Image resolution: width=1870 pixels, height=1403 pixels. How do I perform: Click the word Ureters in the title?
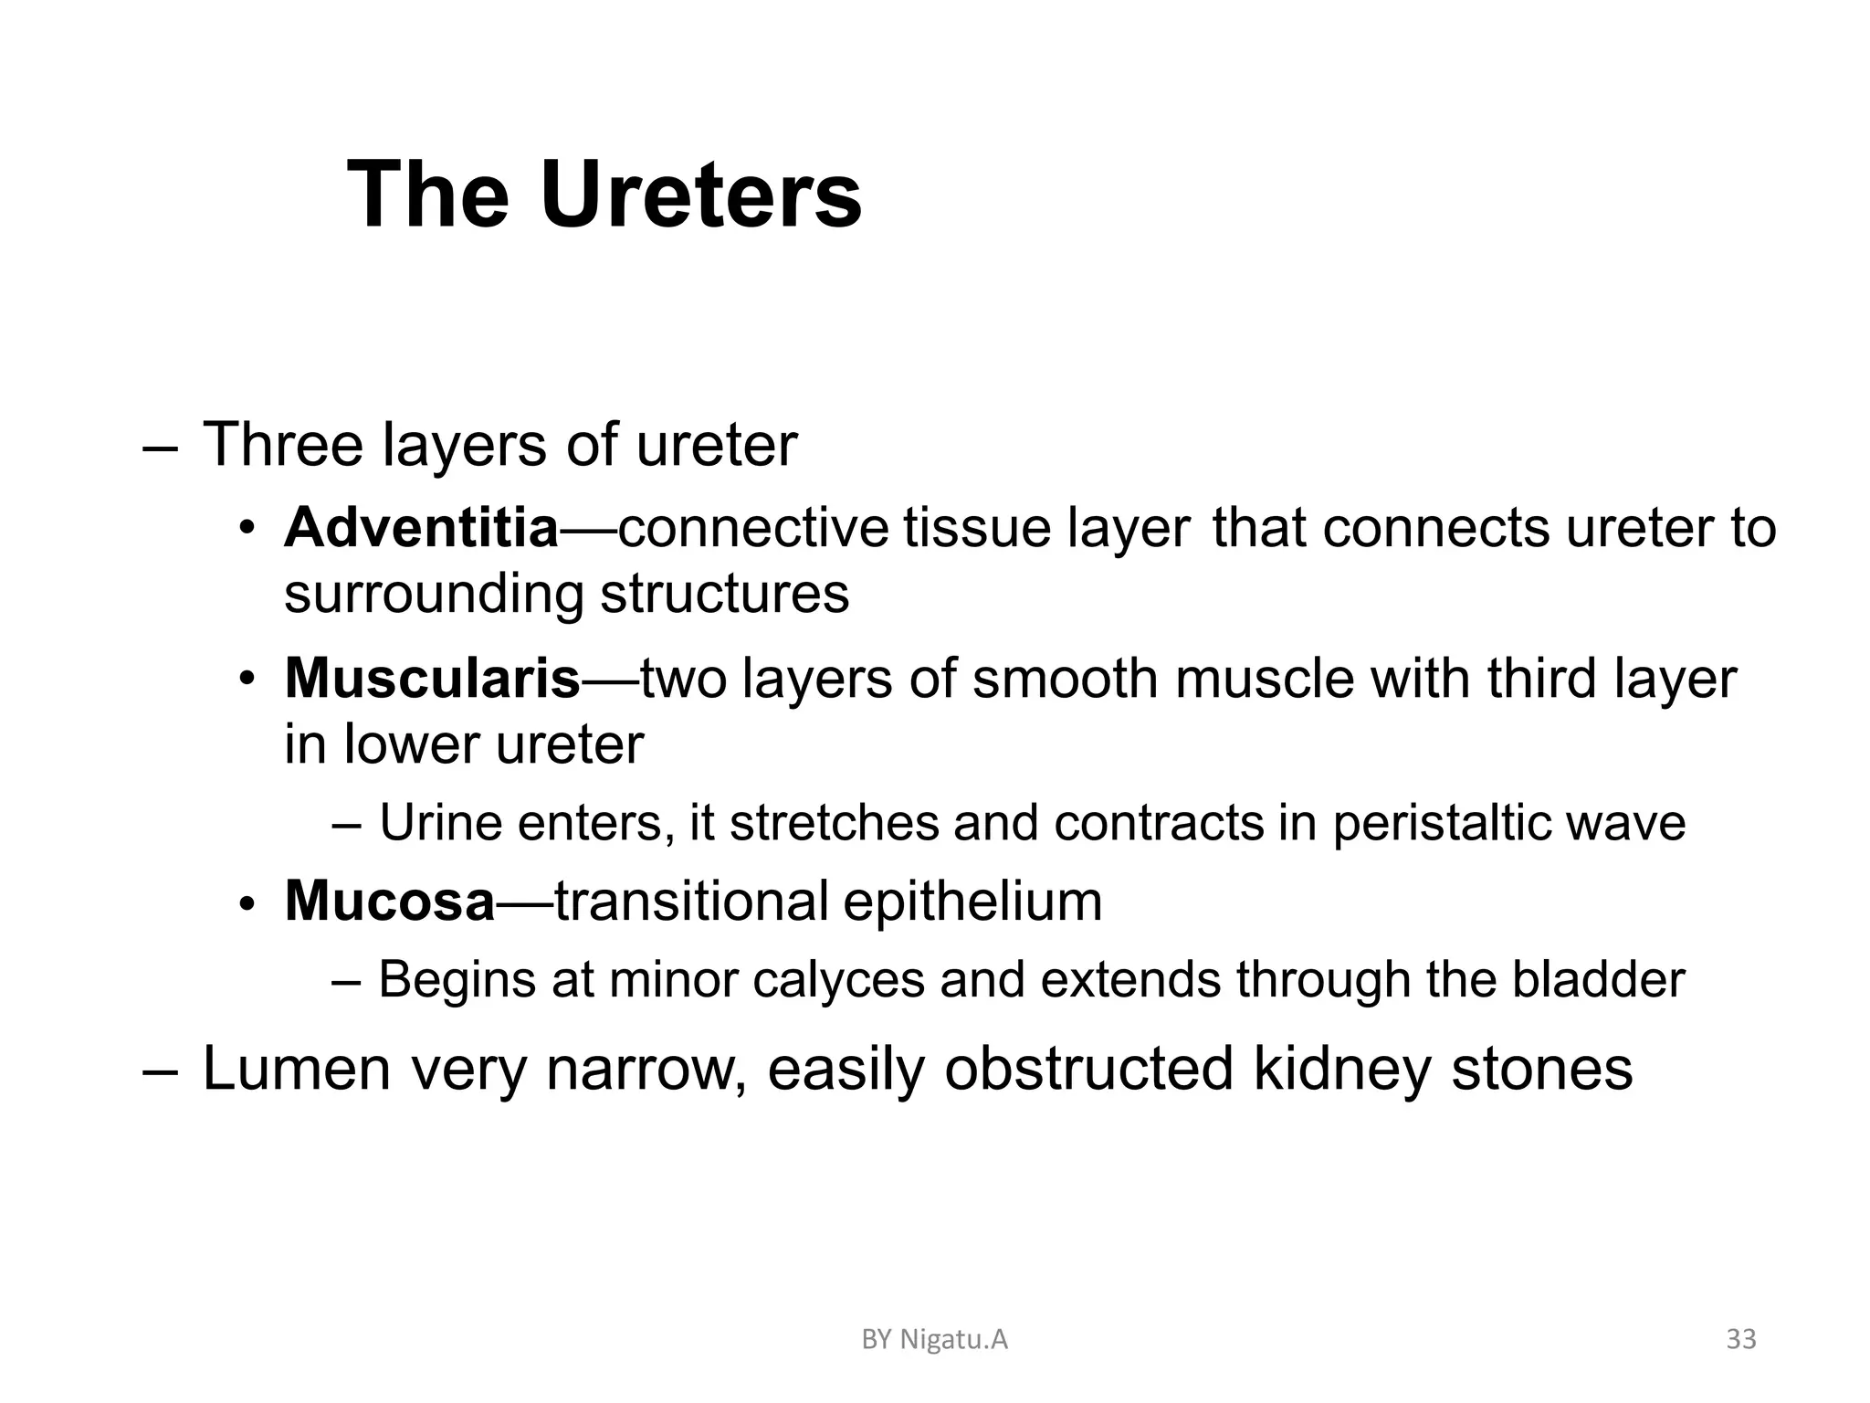click(700, 195)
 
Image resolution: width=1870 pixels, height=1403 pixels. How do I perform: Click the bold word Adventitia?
click(421, 528)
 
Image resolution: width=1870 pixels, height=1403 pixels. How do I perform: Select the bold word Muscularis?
click(432, 679)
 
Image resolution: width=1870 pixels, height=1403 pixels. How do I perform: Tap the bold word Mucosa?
click(390, 901)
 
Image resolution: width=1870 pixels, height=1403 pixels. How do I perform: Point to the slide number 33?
click(1741, 1339)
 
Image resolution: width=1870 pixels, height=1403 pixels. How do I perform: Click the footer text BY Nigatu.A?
click(935, 1340)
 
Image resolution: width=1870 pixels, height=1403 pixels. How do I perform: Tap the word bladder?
click(1598, 979)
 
